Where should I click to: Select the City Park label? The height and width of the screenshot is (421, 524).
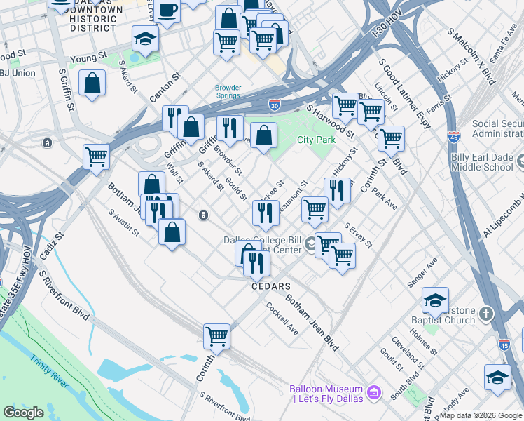(316, 140)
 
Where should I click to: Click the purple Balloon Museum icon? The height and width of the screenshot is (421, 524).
(373, 390)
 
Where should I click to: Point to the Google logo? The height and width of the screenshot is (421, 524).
(23, 413)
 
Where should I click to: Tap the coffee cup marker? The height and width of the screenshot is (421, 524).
(167, 11)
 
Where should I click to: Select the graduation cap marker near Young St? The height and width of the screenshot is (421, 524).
(145, 39)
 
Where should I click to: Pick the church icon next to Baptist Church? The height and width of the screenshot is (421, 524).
(487, 313)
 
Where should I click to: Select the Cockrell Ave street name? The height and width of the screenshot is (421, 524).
(282, 319)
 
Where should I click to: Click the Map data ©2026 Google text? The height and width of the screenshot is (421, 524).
(480, 415)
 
